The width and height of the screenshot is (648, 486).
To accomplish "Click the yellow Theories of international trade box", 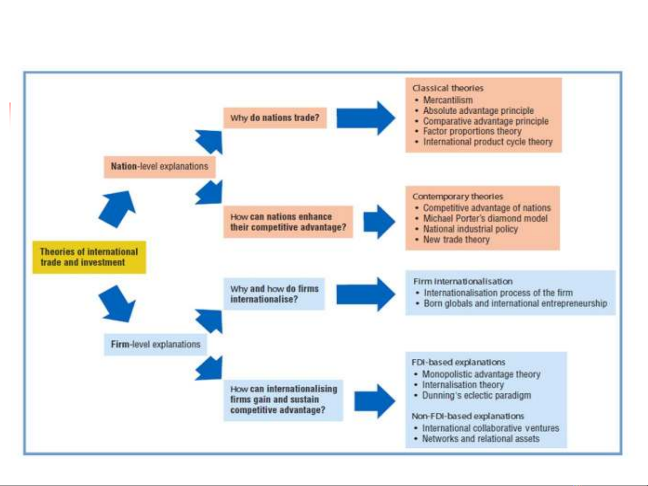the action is (x=89, y=257).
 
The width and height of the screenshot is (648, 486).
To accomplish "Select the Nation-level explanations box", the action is (x=160, y=167).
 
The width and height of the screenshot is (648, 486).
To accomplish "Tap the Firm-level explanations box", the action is (x=155, y=344).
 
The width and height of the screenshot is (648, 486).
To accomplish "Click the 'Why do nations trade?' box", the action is (x=275, y=118).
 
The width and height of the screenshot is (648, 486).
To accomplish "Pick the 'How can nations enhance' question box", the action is (x=288, y=222).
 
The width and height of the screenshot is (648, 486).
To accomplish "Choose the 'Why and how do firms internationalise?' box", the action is (x=274, y=294).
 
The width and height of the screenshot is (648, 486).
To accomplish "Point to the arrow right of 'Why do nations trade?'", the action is (x=366, y=118).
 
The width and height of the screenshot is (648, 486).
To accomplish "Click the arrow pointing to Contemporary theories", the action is (x=380, y=222).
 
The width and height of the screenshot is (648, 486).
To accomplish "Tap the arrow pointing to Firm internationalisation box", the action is (x=366, y=294).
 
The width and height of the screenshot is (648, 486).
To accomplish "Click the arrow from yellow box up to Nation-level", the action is (x=117, y=209).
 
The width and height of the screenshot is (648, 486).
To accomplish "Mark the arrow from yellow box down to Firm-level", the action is (x=117, y=304).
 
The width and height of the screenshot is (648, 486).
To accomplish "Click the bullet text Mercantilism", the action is (x=448, y=100).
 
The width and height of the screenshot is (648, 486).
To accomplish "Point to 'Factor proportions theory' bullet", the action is (x=472, y=131).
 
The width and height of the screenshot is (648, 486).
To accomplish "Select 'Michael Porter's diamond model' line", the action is (x=485, y=218).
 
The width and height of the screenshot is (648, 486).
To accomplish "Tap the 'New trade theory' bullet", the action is (x=456, y=239).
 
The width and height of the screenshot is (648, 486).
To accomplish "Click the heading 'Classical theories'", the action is (x=448, y=88).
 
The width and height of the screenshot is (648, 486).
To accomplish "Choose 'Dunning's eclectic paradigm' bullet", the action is (x=477, y=395).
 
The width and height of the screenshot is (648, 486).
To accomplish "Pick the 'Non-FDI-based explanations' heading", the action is (x=468, y=416).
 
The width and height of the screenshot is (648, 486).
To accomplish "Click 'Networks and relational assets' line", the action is (x=481, y=438).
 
